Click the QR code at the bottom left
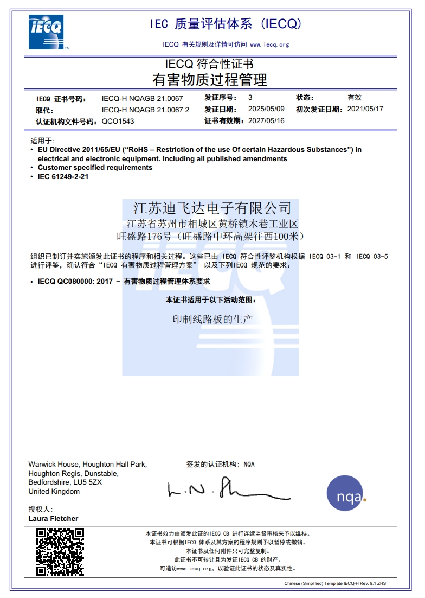60,552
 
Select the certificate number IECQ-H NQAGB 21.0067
142,99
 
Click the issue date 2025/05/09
266,109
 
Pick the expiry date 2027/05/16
266,120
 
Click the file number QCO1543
118,122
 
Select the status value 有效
355,98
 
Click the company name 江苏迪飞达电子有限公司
212,208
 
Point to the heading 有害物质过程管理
210,80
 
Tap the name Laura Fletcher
53,518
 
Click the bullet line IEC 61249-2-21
63,177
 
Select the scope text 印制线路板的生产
212,320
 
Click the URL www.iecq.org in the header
269,44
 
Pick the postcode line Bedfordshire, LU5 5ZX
65,482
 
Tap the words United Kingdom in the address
54,492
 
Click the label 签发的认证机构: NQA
220,465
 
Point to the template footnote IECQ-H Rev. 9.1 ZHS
358,583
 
